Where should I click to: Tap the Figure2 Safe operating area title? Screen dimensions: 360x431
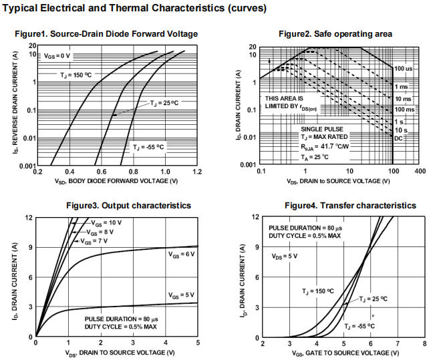[335, 34]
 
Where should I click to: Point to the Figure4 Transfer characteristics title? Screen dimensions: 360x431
[340, 205]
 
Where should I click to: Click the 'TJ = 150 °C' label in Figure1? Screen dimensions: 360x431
[78, 75]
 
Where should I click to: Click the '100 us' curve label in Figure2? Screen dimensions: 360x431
[403, 69]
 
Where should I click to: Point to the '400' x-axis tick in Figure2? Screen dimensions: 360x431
[419, 172]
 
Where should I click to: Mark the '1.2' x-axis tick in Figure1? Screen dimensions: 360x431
[198, 172]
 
